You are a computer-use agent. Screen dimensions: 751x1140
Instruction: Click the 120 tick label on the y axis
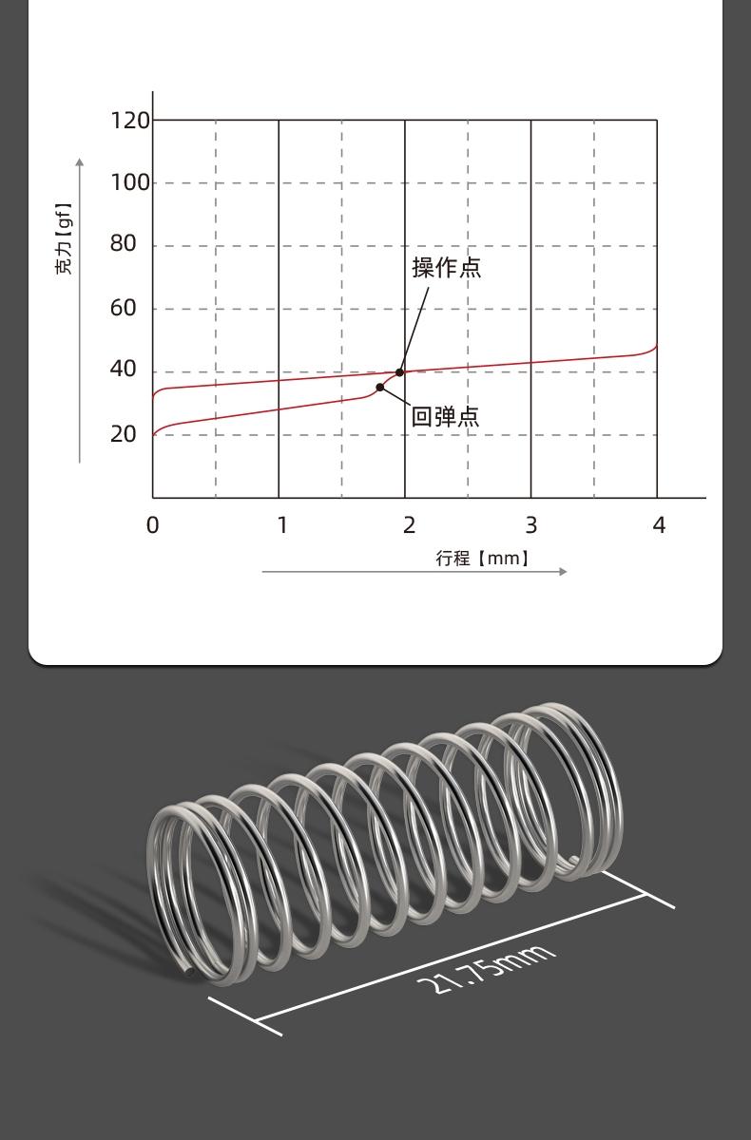coord(130,121)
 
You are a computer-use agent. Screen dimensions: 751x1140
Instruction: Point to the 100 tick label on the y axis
coord(130,182)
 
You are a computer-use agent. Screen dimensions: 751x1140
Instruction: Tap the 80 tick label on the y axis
coord(124,244)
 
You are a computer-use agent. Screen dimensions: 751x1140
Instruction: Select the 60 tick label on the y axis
coord(124,308)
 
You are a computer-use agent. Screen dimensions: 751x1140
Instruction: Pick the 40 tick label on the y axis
coord(124,369)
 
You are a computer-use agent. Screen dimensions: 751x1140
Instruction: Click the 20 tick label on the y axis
coord(124,434)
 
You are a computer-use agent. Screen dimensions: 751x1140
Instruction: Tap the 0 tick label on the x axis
coord(153,525)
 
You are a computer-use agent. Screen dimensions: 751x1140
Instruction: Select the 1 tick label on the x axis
coord(282,525)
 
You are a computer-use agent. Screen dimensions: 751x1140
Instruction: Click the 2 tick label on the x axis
coord(409,525)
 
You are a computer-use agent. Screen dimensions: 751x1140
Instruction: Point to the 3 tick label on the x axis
coord(531,525)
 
